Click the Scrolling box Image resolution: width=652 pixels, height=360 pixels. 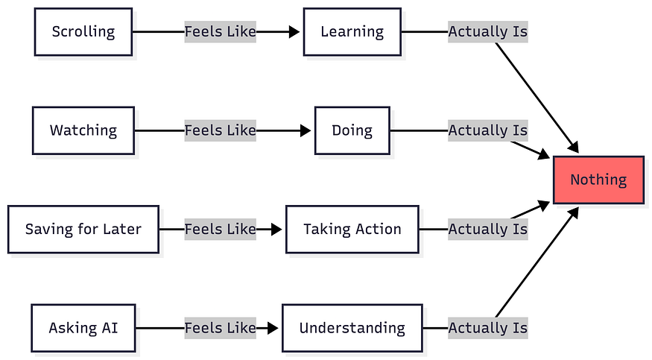coord(83,31)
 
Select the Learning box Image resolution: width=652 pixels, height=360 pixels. coord(352,31)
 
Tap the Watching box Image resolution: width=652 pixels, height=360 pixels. coord(83,130)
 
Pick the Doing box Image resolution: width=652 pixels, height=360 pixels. coord(352,130)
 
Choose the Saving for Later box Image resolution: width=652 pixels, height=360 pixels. coord(83,229)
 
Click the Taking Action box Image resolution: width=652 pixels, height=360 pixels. coord(352,229)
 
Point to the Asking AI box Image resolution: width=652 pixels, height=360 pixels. coord(83,328)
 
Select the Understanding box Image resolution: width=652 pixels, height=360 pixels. coord(352,328)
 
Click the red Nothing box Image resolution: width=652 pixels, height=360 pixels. coord(598,180)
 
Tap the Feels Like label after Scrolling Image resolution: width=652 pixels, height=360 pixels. coord(220,31)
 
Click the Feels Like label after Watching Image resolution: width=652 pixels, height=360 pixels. coord(220,130)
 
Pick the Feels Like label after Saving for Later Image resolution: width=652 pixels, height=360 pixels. coord(220,229)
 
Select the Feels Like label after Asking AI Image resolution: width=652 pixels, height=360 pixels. coord(220,328)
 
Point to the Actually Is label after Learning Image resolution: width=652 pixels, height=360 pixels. coord(488,31)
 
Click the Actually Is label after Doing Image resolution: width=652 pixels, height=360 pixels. coord(488,130)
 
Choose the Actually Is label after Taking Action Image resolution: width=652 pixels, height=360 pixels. coord(488,229)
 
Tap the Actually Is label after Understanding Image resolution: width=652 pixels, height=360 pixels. coord(488,328)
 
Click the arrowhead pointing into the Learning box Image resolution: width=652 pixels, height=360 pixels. coord(294,31)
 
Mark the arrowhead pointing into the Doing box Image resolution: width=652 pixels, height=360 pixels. coord(306,130)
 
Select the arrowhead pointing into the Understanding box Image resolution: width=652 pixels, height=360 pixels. coord(273,328)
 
